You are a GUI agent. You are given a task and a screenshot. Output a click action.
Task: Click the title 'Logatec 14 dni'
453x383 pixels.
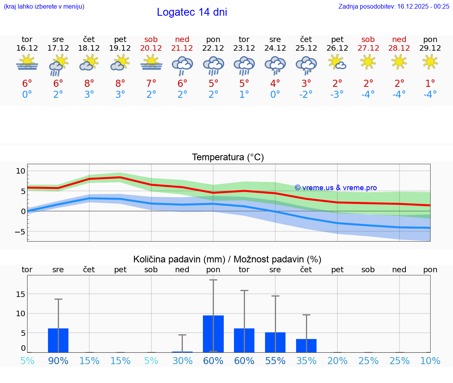(192, 12)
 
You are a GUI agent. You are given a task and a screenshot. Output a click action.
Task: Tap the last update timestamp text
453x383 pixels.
(394, 6)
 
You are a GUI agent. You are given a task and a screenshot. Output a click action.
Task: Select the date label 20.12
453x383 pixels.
(151, 48)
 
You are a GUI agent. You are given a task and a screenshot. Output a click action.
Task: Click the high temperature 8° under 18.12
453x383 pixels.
(89, 83)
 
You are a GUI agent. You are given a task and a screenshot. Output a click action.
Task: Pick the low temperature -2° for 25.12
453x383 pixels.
(306, 94)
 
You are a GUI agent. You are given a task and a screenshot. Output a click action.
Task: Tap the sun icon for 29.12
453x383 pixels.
(430, 62)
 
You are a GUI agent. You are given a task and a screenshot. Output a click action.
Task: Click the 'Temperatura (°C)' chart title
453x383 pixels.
(228, 158)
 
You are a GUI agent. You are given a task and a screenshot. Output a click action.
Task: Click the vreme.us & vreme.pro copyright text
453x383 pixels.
(336, 188)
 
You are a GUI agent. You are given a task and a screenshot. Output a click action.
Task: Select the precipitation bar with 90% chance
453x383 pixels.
(58, 341)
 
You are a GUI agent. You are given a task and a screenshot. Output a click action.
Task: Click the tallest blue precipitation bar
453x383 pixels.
(213, 334)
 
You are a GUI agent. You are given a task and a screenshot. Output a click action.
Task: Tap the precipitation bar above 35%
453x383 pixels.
(306, 346)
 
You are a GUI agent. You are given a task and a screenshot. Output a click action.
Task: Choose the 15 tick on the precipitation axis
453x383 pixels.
(20, 294)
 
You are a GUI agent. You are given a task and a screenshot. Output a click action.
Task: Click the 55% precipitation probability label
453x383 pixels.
(275, 361)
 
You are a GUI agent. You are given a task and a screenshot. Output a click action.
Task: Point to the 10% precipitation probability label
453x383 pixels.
(430, 361)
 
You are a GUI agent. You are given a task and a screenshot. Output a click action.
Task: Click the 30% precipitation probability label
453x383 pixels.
(182, 361)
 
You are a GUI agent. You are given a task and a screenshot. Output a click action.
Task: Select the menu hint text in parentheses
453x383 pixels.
(44, 6)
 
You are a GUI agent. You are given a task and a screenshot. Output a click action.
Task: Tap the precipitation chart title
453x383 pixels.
(227, 259)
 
